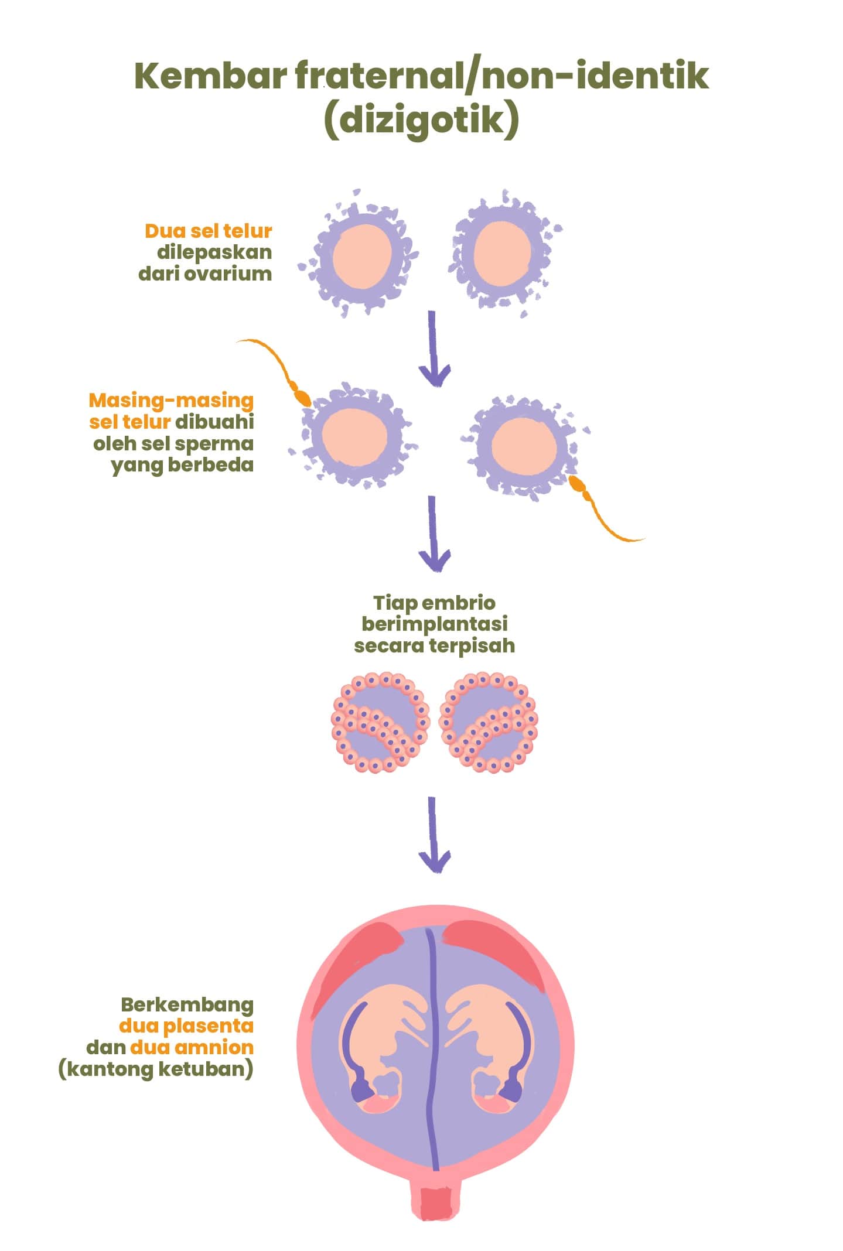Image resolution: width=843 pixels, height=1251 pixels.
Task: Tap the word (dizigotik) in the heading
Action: coord(421,120)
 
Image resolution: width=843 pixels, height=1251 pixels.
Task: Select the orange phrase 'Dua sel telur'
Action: coord(209,231)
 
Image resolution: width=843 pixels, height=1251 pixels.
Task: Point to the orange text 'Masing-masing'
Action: coord(171,400)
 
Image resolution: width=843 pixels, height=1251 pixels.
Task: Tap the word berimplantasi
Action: coord(434,624)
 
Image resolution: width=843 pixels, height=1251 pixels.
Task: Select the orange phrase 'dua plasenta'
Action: coord(186,1026)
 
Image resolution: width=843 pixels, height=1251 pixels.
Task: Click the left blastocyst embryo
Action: coord(380,722)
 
